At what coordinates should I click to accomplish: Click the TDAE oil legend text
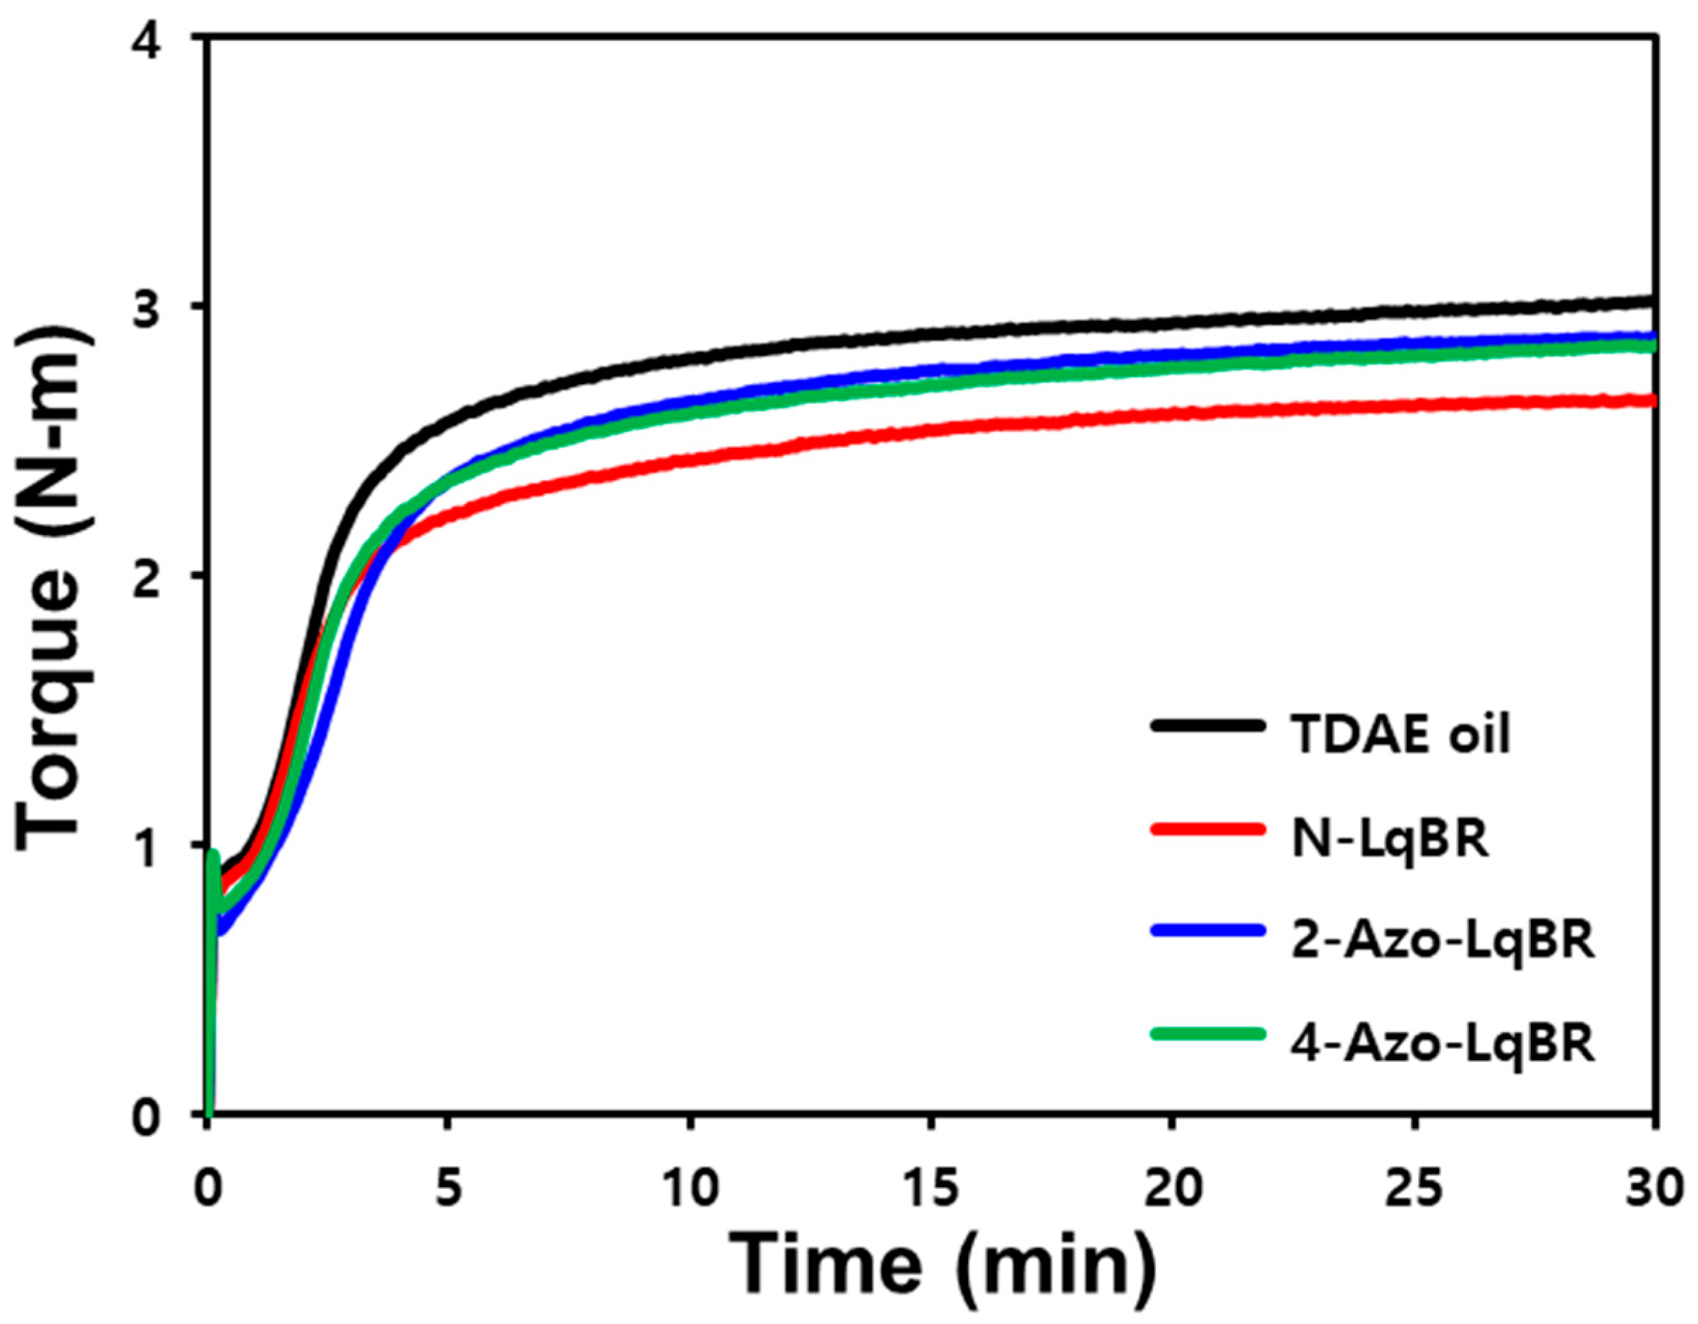(1401, 735)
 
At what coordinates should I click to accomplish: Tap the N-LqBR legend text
(1390, 839)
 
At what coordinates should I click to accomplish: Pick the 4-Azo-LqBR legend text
(1443, 1044)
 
